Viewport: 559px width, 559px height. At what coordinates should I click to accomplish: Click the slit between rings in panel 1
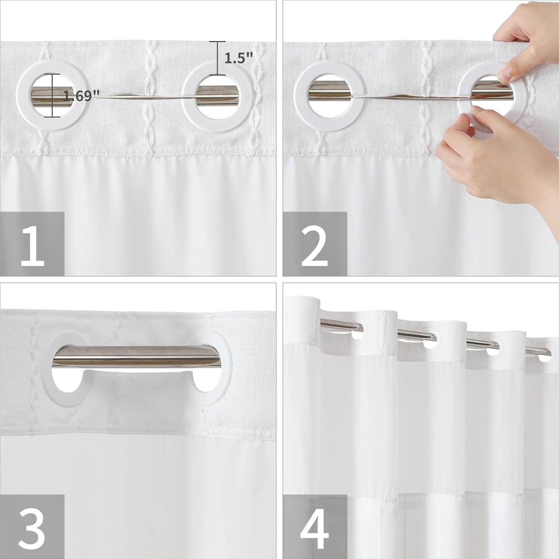tap(142, 97)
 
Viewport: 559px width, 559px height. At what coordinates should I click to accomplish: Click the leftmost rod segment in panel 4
tap(335, 326)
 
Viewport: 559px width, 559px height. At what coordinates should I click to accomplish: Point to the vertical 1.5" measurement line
tap(217, 58)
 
